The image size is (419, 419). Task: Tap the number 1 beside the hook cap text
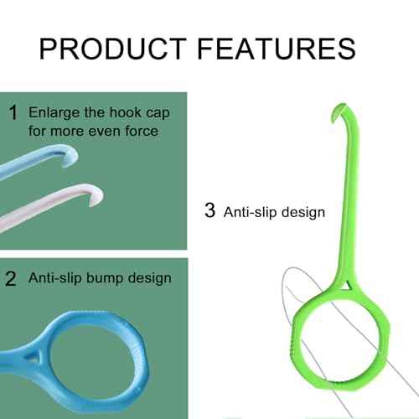[x=13, y=112]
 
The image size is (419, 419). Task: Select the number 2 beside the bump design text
[x=12, y=277]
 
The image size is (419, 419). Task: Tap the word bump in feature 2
[x=107, y=277]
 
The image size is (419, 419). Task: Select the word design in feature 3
[x=303, y=212]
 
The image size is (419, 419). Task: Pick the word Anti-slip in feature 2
[x=55, y=277]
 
